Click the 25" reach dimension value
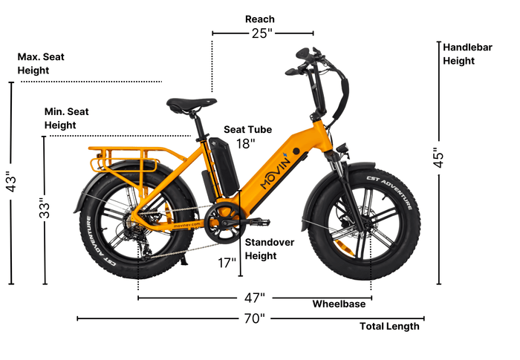click(261, 33)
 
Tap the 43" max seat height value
click(11, 182)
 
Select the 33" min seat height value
click(45, 208)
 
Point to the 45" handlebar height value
click(438, 158)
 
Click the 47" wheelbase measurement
click(255, 298)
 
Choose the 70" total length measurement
click(255, 318)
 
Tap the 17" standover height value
click(227, 263)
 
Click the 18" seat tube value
click(246, 144)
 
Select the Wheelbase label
click(339, 304)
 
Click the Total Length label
click(389, 326)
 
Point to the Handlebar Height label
click(467, 54)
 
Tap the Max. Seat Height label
click(41, 63)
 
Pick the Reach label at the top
click(260, 19)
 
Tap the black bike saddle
click(192, 105)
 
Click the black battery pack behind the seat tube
click(224, 167)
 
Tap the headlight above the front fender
click(342, 148)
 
